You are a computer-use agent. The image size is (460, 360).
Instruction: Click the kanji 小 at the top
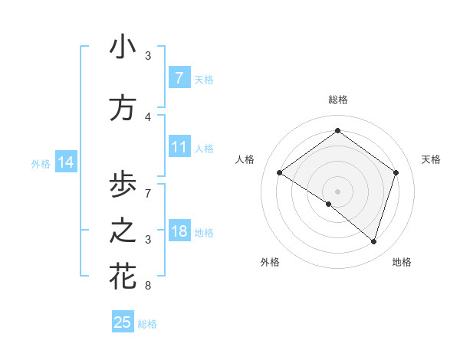pos(123,47)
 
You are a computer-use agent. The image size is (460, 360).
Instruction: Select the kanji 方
pos(123,108)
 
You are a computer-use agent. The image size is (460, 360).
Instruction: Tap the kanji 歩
pos(123,185)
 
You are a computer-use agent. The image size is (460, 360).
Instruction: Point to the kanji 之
pos(123,231)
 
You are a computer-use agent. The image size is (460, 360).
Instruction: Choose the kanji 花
pos(123,277)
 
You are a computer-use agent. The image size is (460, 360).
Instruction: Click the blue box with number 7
pos(179,77)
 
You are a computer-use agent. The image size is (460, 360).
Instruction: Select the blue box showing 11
pos(179,147)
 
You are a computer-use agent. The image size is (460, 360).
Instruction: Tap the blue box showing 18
pos(179,231)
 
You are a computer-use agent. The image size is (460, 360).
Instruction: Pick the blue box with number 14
pos(65,162)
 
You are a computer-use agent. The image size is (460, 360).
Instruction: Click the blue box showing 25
pos(123,322)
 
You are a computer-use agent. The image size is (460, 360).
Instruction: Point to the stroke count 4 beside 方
pos(148,117)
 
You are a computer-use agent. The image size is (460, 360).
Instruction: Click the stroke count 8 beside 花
pos(148,286)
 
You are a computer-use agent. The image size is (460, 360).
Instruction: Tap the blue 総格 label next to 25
pos(147,324)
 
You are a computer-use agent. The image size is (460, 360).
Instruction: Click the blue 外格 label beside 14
pos(40,163)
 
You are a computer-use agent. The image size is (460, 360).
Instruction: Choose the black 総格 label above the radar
pos(337,100)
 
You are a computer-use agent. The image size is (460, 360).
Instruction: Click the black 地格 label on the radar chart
pos(402,262)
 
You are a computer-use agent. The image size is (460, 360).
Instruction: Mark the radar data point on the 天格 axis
pos(396,172)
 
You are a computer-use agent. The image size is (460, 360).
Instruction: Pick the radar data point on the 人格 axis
pos(279,172)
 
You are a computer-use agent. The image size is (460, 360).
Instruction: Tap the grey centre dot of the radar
pos(337,191)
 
